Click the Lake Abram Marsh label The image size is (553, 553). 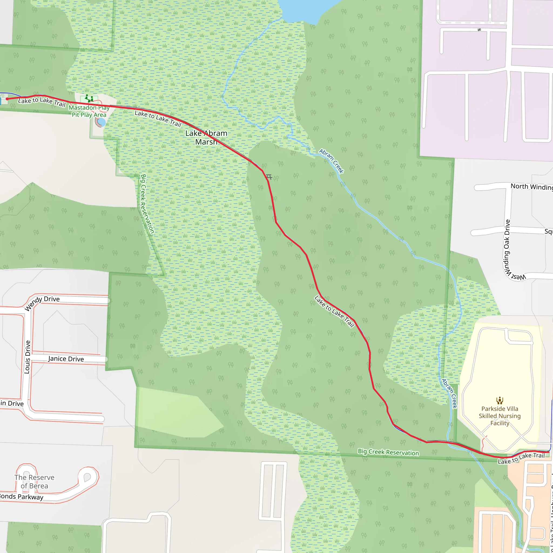pyautogui.click(x=206, y=137)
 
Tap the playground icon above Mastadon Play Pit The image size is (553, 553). pyautogui.click(x=89, y=99)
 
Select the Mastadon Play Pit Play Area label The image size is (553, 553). pyautogui.click(x=89, y=111)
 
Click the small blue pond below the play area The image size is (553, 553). pyautogui.click(x=101, y=123)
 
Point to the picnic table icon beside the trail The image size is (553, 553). pyautogui.click(x=269, y=177)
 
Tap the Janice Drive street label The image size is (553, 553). pyautogui.click(x=66, y=359)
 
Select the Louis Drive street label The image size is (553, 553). pyautogui.click(x=27, y=357)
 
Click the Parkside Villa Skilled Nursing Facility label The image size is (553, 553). pyautogui.click(x=500, y=416)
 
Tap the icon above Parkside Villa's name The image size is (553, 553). pyautogui.click(x=500, y=400)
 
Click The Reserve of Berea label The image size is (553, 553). pyautogui.click(x=34, y=481)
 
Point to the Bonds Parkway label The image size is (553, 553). pyautogui.click(x=22, y=497)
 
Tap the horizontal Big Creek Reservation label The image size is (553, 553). pyautogui.click(x=388, y=452)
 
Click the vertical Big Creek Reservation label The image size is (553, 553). pyautogui.click(x=147, y=204)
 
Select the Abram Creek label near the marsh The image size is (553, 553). pyautogui.click(x=332, y=161)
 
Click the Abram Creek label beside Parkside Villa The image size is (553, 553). pyautogui.click(x=449, y=394)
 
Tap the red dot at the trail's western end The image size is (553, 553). pyautogui.click(x=7, y=99)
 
